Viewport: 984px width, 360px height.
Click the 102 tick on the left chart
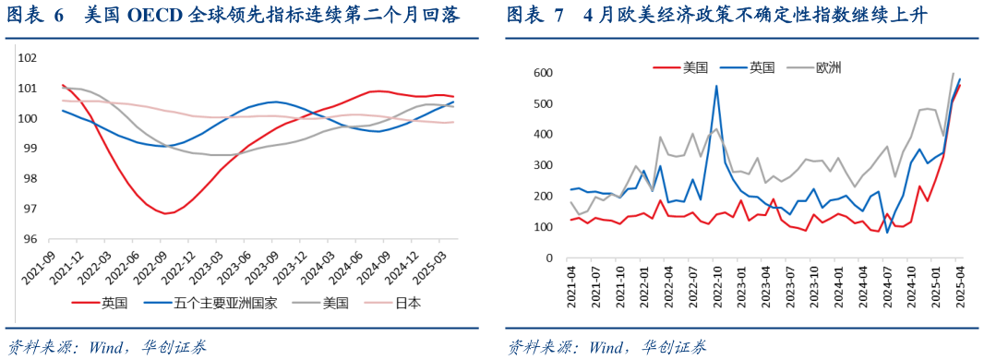26,58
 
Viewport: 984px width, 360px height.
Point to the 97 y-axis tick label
29,209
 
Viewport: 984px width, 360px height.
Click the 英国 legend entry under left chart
113,302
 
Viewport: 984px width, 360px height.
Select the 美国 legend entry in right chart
694,67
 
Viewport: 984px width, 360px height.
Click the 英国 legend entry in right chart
762,67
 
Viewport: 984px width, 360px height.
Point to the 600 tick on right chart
544,73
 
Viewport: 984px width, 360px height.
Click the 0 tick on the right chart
549,258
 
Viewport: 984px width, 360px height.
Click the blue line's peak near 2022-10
716,87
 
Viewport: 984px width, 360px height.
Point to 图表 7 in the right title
538,16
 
